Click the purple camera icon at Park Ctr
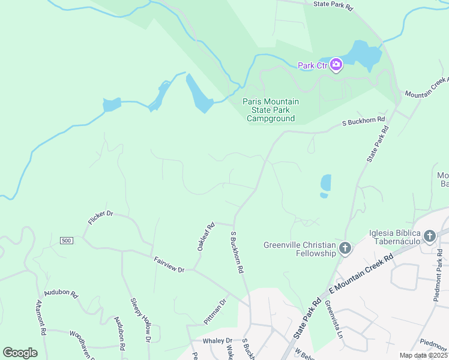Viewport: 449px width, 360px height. click(x=336, y=65)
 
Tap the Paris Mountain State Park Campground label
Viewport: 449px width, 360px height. click(x=270, y=110)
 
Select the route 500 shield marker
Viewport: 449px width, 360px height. click(x=66, y=241)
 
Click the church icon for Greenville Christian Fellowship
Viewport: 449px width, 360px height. click(x=345, y=248)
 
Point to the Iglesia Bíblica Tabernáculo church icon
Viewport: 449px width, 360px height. click(x=429, y=236)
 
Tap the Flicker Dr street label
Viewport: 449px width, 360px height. click(x=100, y=218)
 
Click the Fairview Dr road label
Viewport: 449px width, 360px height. click(x=169, y=265)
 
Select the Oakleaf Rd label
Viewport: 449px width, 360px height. click(x=205, y=237)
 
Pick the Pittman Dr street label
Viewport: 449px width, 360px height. click(x=214, y=311)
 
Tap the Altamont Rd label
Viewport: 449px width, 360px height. click(x=40, y=317)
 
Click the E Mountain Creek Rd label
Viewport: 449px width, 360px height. click(x=360, y=274)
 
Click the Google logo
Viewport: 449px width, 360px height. click(x=20, y=352)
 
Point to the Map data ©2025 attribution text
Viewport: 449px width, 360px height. click(x=423, y=355)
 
